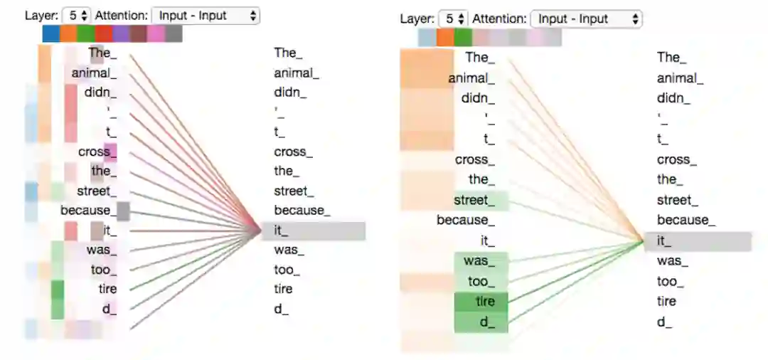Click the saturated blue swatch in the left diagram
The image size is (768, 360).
pos(50,33)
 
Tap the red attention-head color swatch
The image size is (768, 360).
pos(104,33)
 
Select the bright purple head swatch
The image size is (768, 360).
pos(121,33)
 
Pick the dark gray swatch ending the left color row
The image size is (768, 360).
pos(174,33)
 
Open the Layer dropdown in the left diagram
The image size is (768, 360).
pos(77,15)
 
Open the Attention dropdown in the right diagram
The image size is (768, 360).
pos(586,19)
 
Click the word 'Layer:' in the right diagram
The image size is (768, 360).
pos(417,19)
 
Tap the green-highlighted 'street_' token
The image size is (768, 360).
pos(481,201)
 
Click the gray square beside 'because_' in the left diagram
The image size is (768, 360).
pos(123,211)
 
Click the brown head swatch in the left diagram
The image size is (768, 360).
pos(139,33)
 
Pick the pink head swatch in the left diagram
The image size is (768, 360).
pos(156,33)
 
